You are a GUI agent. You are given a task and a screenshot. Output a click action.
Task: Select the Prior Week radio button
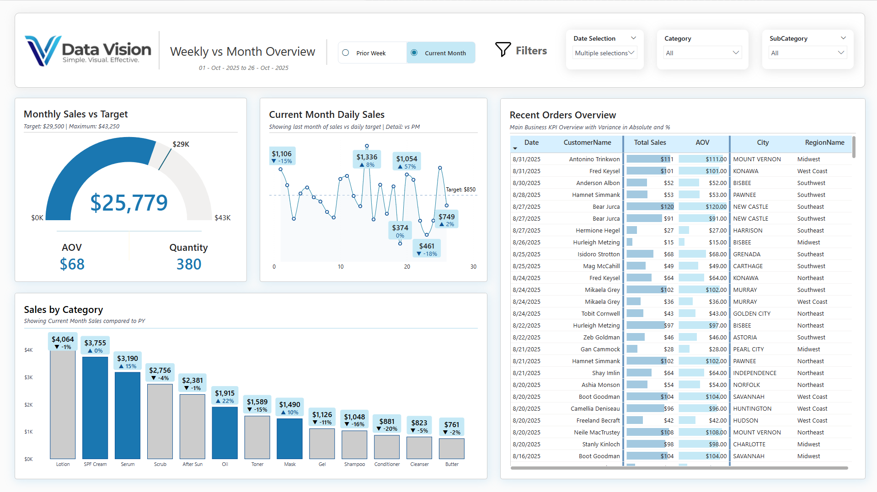click(346, 53)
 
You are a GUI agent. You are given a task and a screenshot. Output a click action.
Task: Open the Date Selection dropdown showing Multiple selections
click(604, 53)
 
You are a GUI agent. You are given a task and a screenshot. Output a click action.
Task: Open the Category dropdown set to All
click(702, 53)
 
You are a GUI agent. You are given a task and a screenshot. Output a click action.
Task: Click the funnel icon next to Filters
click(503, 50)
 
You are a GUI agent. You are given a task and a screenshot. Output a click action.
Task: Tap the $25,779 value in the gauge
click(129, 203)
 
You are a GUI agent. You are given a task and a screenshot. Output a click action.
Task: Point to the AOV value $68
click(72, 264)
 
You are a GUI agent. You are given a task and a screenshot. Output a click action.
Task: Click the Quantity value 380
click(189, 264)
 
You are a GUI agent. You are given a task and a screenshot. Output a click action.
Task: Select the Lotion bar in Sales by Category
click(63, 404)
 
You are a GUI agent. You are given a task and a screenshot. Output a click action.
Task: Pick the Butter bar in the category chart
click(452, 448)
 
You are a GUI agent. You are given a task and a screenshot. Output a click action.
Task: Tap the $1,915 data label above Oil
click(225, 393)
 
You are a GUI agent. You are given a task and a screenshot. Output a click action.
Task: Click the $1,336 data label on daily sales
click(367, 157)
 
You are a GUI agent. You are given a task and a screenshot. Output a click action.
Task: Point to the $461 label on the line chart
click(427, 246)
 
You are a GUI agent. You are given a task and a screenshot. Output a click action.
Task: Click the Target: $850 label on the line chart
click(461, 190)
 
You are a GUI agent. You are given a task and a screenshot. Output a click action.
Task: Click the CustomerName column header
click(587, 143)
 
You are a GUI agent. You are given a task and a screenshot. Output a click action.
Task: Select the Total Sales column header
click(650, 143)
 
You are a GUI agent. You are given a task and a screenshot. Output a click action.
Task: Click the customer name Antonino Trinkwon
click(594, 159)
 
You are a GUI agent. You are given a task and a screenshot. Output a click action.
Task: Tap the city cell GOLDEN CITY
click(752, 314)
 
